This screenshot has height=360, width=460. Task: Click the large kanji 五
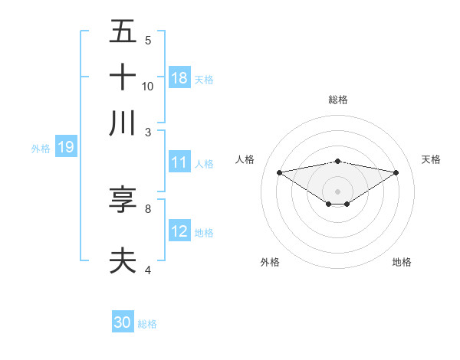[123, 32]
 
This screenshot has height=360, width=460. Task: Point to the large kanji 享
[123, 200]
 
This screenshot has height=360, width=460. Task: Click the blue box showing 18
[179, 78]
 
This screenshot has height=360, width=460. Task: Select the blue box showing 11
[179, 162]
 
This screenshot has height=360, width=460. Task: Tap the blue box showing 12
[179, 231]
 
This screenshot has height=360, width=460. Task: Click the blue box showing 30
[123, 322]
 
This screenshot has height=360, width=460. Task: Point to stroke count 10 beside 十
[148, 86]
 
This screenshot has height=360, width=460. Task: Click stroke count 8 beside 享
[148, 208]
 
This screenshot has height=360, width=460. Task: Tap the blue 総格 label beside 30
[147, 324]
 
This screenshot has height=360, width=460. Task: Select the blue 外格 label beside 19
[41, 149]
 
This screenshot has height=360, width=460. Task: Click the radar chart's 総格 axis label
[338, 100]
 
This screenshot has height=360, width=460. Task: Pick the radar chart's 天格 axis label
[431, 159]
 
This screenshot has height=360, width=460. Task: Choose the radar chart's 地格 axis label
[402, 262]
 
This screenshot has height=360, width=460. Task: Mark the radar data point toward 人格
[279, 172]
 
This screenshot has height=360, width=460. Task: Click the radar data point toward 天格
[396, 172]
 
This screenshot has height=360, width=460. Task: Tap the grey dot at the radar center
[338, 191]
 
